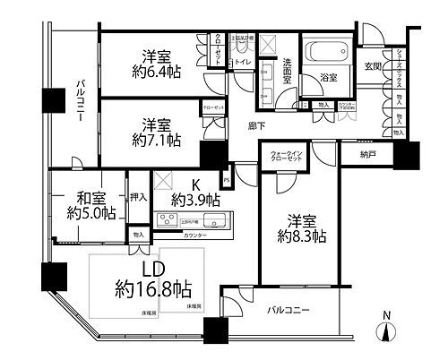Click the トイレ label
tap(242, 62)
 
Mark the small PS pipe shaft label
tap(227, 180)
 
